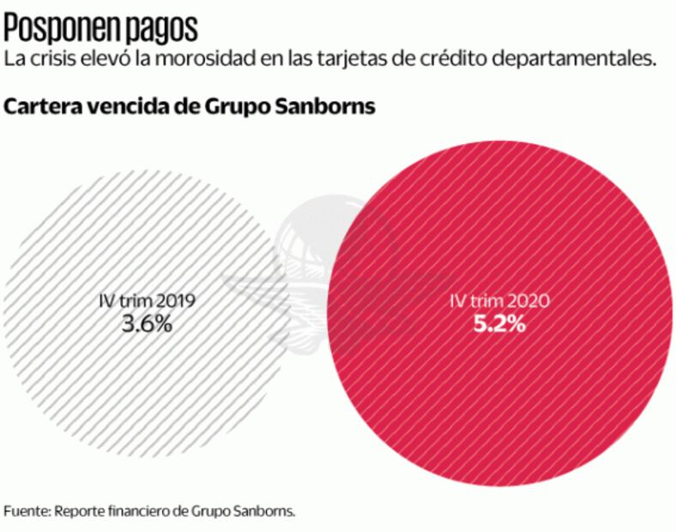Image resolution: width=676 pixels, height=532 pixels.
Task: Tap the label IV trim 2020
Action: pyautogui.click(x=499, y=301)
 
